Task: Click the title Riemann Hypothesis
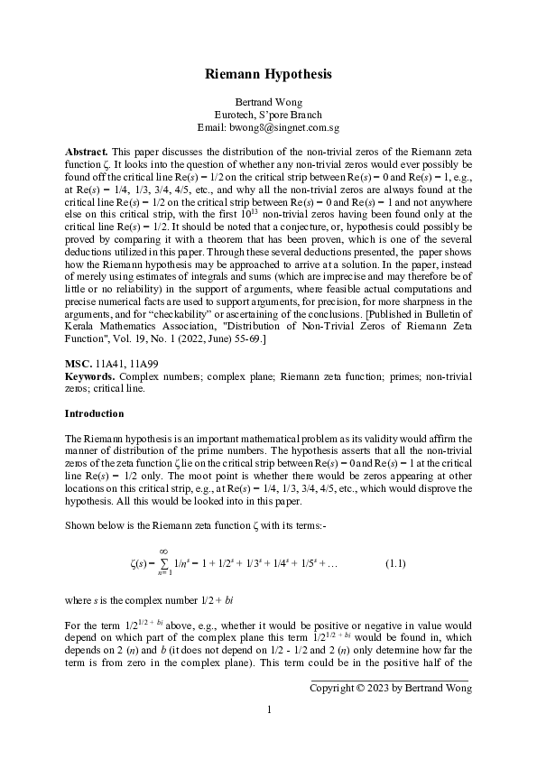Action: (x=268, y=74)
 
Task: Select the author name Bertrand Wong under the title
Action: (x=268, y=103)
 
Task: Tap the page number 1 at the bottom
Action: (x=268, y=710)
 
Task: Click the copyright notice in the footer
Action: (x=390, y=688)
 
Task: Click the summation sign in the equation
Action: (x=163, y=565)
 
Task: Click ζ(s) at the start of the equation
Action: (x=140, y=565)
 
